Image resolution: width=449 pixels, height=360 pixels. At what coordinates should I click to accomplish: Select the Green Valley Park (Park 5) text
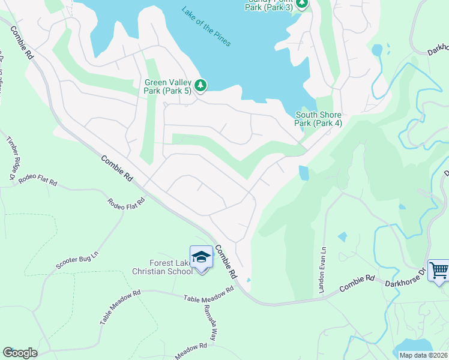pos(167,87)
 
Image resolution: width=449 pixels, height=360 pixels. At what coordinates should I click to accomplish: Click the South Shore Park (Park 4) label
pos(318,119)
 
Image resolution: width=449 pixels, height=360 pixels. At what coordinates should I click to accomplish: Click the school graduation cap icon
pos(201,257)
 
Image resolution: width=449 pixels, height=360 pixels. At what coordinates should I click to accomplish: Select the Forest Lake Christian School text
pos(162,266)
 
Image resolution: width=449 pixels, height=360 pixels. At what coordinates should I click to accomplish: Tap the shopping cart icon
pos(439,271)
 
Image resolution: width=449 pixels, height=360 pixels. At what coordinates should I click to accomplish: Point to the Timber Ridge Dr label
pos(10,158)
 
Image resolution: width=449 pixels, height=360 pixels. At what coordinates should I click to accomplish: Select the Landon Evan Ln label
pos(321,262)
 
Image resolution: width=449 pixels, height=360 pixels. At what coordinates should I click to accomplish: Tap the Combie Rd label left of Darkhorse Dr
pos(357,284)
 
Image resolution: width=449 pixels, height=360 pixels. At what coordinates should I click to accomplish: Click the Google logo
pos(20,352)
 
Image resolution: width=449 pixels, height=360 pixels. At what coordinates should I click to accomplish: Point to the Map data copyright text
pos(423,355)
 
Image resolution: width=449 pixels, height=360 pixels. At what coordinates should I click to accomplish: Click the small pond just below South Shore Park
pos(304,173)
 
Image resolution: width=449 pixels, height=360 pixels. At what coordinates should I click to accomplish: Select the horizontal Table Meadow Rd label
pos(208,294)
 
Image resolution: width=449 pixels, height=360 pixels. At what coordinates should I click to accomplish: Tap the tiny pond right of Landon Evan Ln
pos(342,236)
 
